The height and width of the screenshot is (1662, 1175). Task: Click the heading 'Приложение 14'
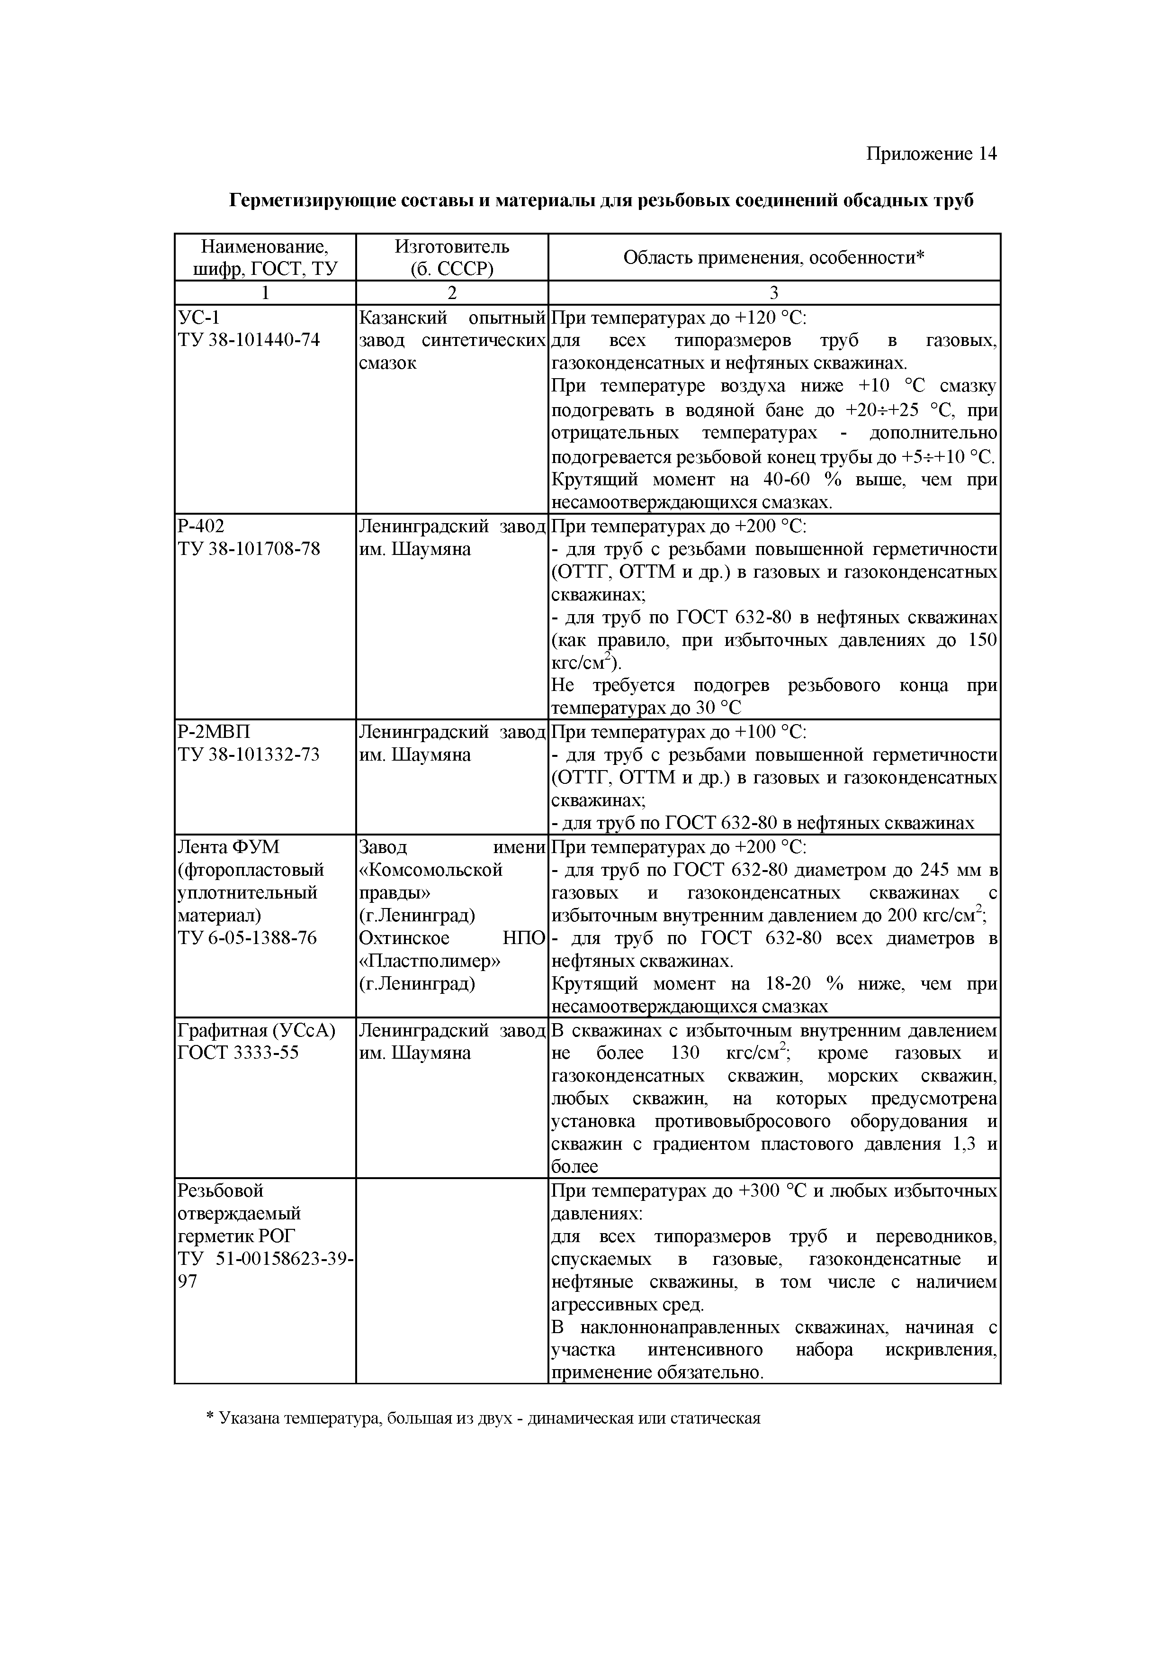tap(931, 154)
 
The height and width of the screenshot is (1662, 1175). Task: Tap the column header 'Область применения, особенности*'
tap(773, 257)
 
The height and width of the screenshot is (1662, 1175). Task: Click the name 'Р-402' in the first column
tap(201, 526)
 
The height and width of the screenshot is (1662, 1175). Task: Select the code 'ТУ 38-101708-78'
tap(248, 549)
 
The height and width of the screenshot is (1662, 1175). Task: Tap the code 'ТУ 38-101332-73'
tap(248, 754)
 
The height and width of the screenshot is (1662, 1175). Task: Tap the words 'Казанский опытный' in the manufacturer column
tap(451, 317)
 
